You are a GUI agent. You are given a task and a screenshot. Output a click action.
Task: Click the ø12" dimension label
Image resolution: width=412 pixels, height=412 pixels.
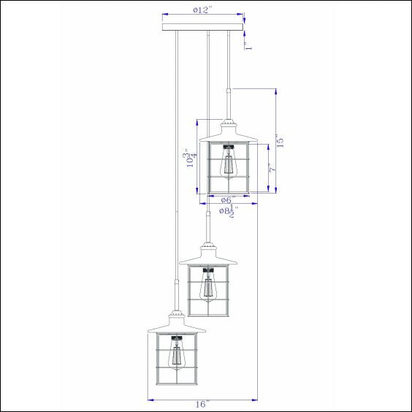click(202, 10)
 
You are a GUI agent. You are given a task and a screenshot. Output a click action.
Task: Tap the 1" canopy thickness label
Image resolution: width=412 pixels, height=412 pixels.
click(248, 46)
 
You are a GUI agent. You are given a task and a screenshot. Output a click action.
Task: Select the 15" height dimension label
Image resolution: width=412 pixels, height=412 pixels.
click(280, 140)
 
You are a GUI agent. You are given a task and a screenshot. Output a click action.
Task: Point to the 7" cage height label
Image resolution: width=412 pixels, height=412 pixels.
click(273, 167)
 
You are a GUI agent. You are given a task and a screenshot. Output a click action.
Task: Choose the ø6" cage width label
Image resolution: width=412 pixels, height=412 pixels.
click(226, 200)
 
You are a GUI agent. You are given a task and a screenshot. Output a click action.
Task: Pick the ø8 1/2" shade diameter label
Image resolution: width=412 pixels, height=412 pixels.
click(229, 211)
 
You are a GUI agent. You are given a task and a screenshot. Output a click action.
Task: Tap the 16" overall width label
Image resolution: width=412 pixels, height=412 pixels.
click(202, 404)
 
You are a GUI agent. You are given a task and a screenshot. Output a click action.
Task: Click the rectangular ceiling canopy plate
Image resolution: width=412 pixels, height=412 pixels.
click(203, 27)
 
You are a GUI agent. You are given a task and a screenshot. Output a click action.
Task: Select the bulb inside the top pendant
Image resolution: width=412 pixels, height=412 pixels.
click(229, 164)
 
